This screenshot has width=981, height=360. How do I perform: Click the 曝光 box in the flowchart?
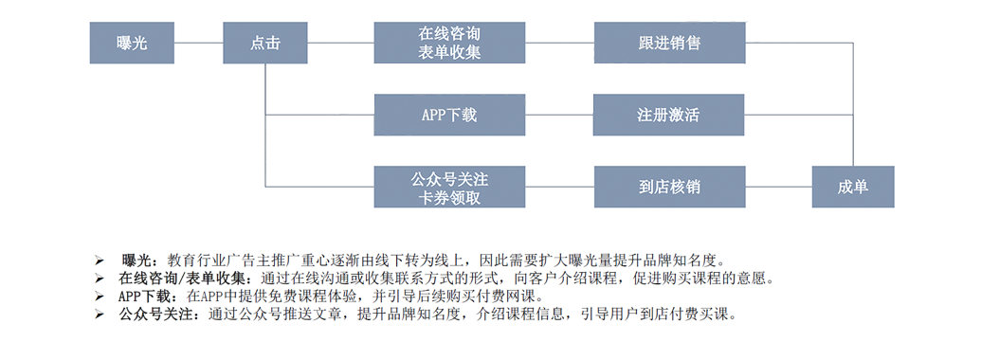132,43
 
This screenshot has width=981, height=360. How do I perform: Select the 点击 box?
265,43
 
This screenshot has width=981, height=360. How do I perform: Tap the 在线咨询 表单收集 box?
449,43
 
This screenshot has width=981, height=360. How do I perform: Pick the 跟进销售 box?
669,43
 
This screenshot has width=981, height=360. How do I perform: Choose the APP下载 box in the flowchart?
449,115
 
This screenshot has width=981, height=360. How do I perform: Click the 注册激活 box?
669,115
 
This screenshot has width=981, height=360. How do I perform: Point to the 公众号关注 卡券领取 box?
449,187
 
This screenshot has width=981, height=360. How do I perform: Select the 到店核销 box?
669,187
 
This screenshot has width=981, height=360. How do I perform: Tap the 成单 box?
853,187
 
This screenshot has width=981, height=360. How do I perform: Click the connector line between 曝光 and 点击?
199,43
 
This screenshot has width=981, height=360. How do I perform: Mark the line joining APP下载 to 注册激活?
559,115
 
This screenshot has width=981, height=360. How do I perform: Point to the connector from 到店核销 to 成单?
779,187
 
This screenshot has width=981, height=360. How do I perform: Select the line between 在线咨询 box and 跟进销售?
560,43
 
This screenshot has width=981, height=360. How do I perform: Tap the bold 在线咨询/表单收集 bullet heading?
184,278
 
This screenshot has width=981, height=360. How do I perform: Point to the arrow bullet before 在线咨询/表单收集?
99,278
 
